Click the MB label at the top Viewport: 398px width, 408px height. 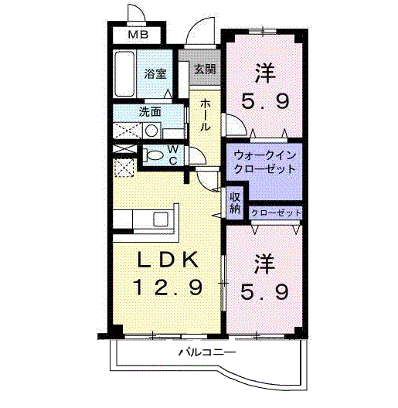(x=140, y=35)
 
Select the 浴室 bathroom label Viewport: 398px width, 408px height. (x=156, y=74)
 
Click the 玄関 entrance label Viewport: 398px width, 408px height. (x=205, y=69)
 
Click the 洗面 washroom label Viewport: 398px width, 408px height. (x=150, y=110)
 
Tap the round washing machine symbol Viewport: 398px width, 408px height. (x=151, y=131)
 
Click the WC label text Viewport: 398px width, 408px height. (x=174, y=154)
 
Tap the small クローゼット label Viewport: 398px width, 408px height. (x=276, y=212)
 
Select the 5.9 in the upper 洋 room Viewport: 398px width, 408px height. (x=265, y=101)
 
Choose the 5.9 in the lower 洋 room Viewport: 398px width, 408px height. (x=265, y=292)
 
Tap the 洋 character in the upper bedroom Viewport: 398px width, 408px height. (x=265, y=72)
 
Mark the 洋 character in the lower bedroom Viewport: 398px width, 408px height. (x=265, y=263)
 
